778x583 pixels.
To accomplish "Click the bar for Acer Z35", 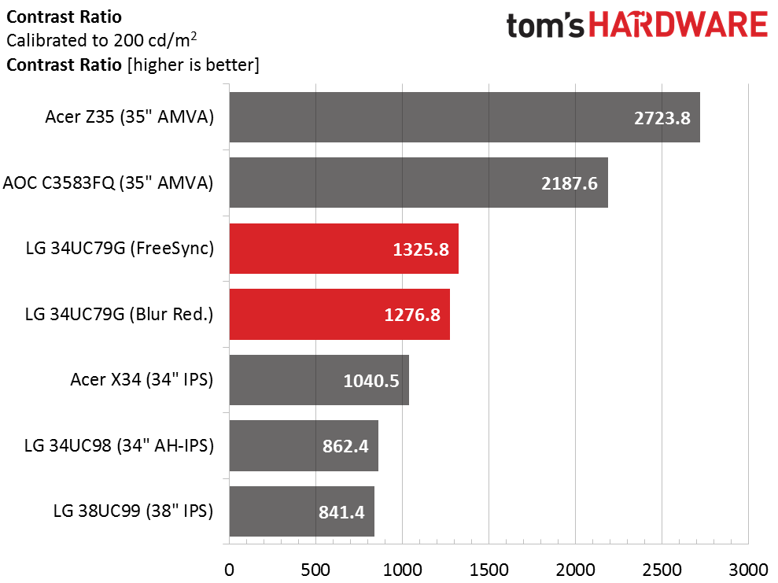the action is [x=464, y=117].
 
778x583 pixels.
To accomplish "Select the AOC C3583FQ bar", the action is [x=418, y=183].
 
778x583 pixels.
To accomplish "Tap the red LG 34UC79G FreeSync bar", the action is [x=344, y=249].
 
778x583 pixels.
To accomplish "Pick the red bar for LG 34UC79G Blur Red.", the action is [x=339, y=314].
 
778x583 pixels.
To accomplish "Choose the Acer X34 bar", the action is [x=319, y=380].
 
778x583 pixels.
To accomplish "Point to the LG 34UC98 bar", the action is [x=304, y=445].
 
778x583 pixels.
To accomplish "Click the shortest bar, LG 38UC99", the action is [x=301, y=511].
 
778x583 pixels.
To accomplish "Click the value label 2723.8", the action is [x=662, y=118].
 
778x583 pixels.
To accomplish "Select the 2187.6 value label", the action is [x=570, y=183].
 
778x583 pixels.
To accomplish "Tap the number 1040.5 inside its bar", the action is [x=371, y=381].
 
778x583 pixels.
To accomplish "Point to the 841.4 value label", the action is [x=342, y=512].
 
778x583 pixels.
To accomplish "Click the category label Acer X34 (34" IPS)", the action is [x=142, y=379].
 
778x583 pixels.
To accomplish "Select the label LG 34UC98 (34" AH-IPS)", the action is [x=119, y=445].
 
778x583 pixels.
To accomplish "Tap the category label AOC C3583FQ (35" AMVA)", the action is [x=109, y=183].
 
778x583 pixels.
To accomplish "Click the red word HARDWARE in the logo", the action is [x=679, y=25].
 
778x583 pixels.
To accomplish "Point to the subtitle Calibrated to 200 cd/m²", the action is [x=101, y=39].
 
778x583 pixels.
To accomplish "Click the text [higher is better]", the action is [x=194, y=65].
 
